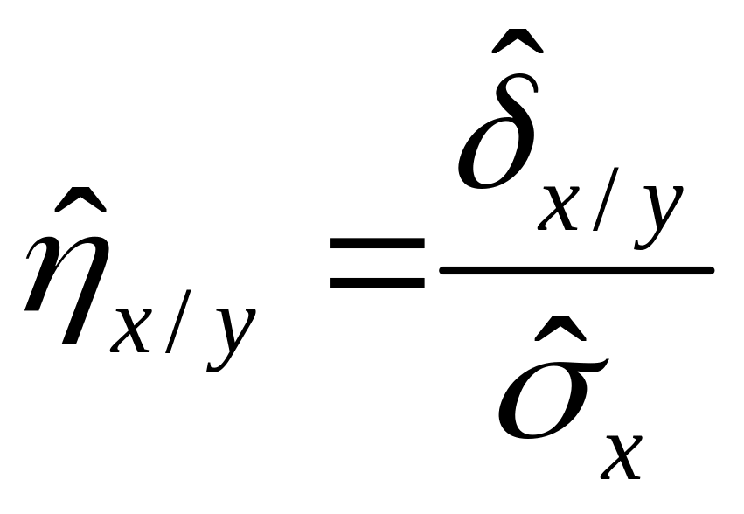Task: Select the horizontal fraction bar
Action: pyautogui.click(x=576, y=271)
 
